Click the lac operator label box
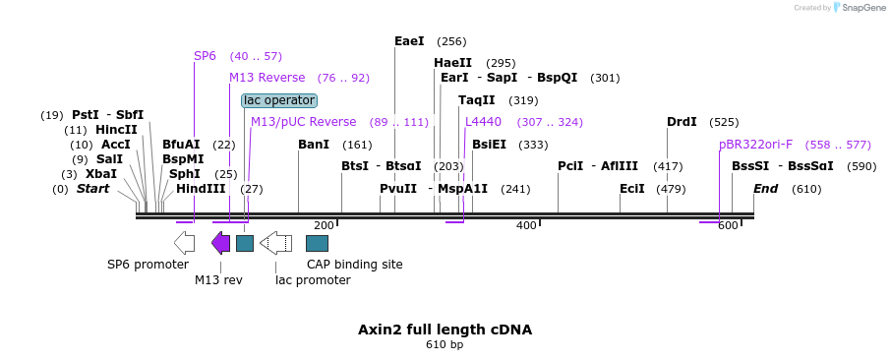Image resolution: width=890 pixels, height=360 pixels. [x=279, y=100]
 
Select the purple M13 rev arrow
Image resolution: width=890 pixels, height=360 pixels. [x=221, y=243]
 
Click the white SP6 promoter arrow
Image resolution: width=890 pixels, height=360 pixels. [x=184, y=243]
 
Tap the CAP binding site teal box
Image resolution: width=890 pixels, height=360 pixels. [x=318, y=243]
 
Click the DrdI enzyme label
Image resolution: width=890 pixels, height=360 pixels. [x=682, y=122]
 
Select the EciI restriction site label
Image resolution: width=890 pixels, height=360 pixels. [x=632, y=189]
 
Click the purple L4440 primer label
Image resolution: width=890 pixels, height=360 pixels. [x=483, y=122]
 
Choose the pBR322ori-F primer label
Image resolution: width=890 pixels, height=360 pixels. [x=755, y=145]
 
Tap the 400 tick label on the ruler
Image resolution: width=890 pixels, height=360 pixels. [x=526, y=226]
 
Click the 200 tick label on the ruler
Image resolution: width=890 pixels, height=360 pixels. [x=324, y=226]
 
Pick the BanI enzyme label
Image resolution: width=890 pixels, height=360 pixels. [x=313, y=145]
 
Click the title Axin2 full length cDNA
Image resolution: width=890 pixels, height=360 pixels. [x=445, y=330]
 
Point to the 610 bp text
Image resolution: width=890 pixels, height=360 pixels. [x=445, y=345]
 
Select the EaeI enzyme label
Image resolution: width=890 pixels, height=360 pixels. [x=409, y=41]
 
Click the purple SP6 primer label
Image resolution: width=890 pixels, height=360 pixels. [x=205, y=56]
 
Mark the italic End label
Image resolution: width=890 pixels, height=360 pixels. [x=766, y=189]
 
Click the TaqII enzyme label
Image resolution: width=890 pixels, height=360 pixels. [x=476, y=100]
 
